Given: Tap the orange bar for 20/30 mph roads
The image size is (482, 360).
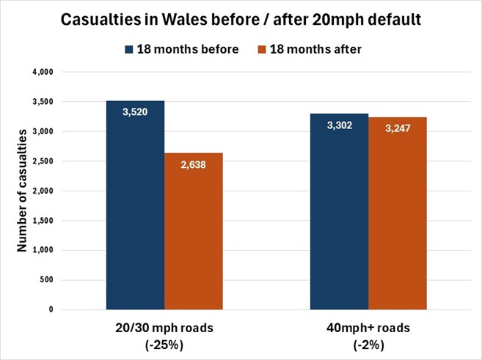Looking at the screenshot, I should click(x=193, y=235).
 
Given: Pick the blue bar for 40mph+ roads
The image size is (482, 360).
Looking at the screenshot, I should click(x=338, y=213).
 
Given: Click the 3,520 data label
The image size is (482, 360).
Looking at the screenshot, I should click(x=135, y=114).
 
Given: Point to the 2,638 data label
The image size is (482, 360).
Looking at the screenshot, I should click(x=193, y=166).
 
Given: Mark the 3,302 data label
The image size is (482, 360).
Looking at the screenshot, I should click(x=338, y=126).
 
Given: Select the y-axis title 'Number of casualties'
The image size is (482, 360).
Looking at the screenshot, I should click(x=22, y=191).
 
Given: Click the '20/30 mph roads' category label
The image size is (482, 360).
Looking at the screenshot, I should click(x=165, y=328).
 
